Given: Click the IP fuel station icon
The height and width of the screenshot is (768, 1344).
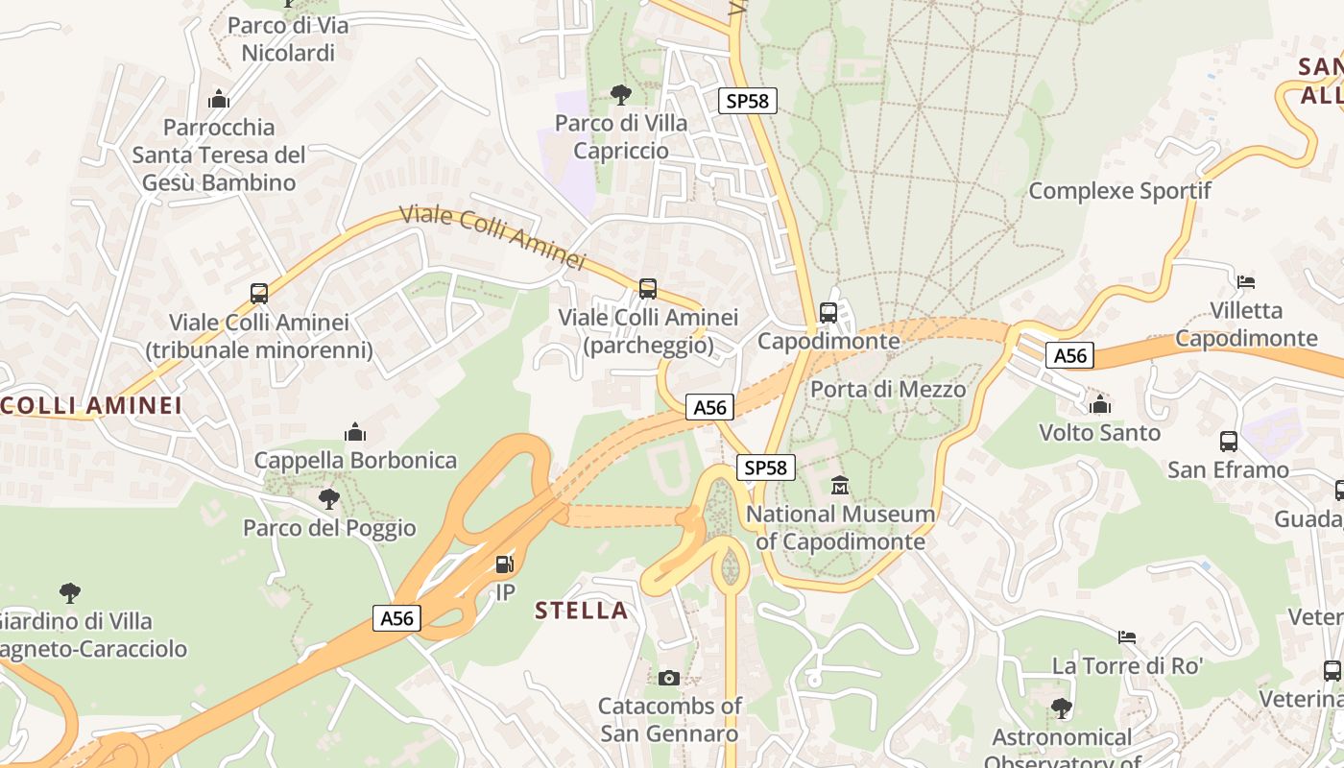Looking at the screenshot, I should tap(504, 564).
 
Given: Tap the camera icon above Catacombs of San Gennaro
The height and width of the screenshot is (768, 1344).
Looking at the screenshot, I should tap(669, 678).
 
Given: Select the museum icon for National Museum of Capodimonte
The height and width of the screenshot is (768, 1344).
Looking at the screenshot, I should tap(840, 486).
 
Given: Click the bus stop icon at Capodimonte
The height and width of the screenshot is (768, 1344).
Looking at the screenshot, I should tap(828, 312).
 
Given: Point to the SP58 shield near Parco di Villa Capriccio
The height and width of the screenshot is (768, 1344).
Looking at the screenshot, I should tap(748, 100).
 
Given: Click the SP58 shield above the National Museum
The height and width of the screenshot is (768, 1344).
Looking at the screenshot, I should tap(766, 468).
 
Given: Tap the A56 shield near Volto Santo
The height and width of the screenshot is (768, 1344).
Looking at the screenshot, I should tap(1070, 355).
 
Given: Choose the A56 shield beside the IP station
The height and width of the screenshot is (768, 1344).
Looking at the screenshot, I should tap(397, 618).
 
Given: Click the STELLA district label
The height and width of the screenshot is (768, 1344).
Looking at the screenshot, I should tap(582, 611).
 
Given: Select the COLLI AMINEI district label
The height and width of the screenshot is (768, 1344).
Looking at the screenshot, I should tap(91, 405).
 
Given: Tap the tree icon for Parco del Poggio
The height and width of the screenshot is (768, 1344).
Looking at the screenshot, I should tap(329, 499).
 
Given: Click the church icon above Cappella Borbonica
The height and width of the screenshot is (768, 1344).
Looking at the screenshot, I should tap(355, 432).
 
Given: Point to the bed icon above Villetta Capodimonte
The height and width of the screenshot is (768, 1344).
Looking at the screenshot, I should tap(1246, 282).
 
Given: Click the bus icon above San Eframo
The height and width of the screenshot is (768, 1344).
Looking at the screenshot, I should tap(1229, 442).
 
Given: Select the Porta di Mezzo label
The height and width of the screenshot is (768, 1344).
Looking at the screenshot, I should tap(888, 389).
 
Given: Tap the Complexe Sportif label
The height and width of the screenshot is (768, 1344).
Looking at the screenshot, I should tap(1119, 190).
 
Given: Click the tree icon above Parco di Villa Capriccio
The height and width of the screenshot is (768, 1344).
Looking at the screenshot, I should tap(621, 94).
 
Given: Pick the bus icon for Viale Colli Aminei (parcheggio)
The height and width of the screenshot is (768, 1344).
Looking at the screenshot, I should tap(648, 288).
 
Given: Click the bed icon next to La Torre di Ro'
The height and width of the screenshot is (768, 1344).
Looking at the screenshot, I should tap(1127, 636).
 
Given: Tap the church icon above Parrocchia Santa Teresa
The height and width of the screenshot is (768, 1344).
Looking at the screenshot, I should tap(219, 99).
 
